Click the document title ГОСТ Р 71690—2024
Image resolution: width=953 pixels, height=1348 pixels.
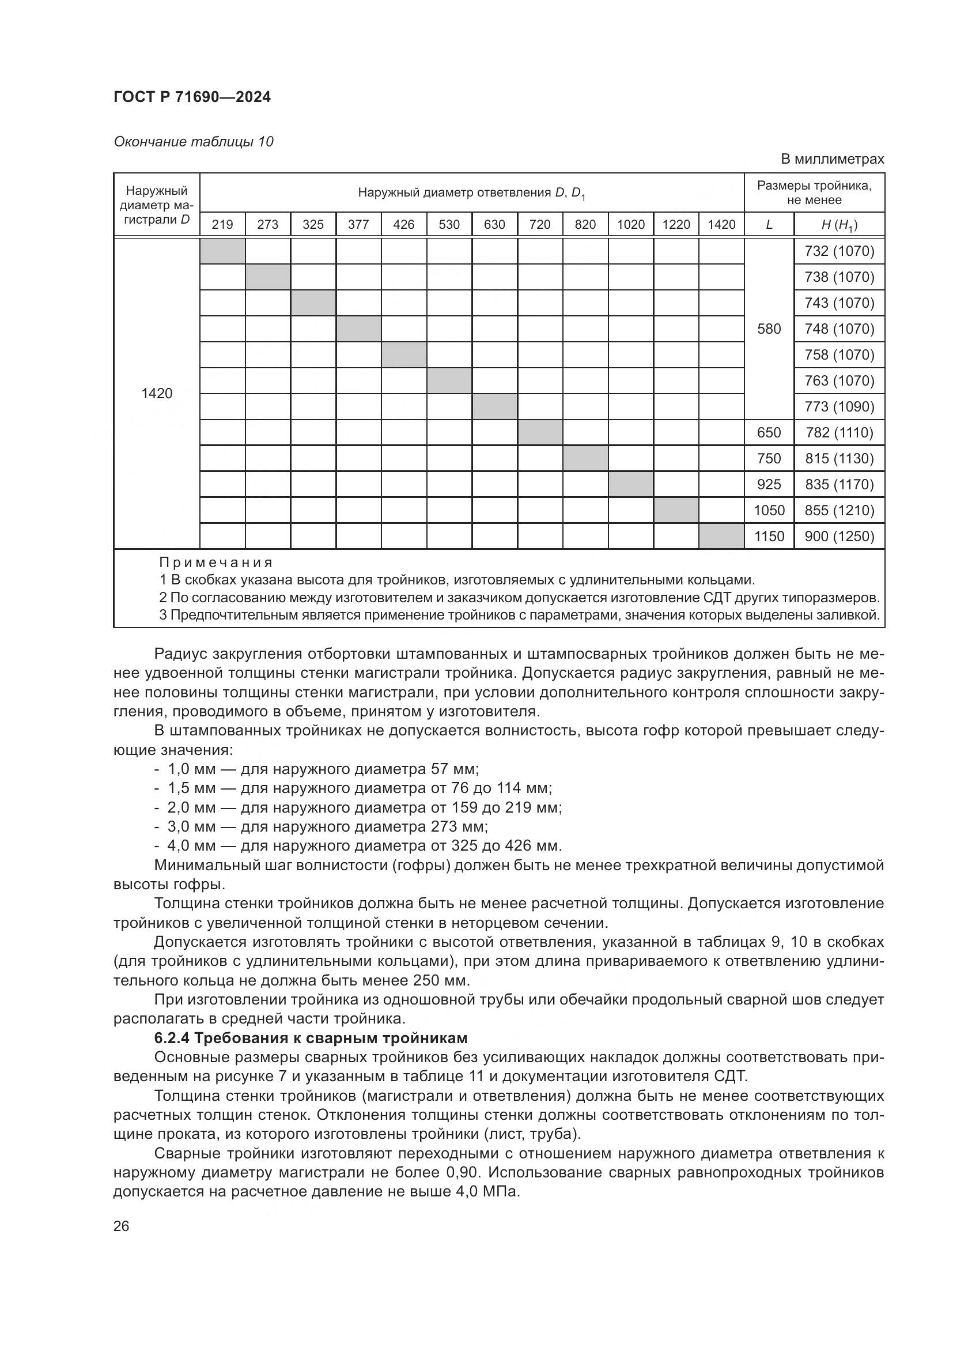tap(192, 97)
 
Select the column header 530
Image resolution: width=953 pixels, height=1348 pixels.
tap(449, 224)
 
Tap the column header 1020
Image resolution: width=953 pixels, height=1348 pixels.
tap(631, 224)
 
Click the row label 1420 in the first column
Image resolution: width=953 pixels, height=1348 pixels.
tap(157, 394)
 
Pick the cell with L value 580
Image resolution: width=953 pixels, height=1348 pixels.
tap(769, 328)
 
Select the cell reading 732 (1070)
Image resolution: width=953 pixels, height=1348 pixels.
tap(839, 251)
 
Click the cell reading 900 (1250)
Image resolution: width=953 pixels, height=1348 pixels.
tap(839, 536)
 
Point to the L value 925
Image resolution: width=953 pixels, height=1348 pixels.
tap(769, 484)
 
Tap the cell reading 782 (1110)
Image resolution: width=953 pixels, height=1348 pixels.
tap(839, 433)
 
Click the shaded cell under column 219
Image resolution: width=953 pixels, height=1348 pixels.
tap(222, 251)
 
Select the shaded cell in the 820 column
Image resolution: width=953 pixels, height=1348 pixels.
tap(585, 459)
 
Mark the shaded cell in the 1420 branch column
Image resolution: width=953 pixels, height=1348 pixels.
tap(721, 536)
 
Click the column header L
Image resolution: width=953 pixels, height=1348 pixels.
tap(769, 224)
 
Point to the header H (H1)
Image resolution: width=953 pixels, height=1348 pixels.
tap(839, 224)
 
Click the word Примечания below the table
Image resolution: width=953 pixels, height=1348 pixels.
tap(216, 562)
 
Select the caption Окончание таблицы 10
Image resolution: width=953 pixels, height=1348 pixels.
tap(193, 142)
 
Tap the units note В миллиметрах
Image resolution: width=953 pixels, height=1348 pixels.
tap(831, 159)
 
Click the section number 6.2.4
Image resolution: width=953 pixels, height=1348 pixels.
tap(172, 1038)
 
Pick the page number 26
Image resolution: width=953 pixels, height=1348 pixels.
tap(121, 1226)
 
